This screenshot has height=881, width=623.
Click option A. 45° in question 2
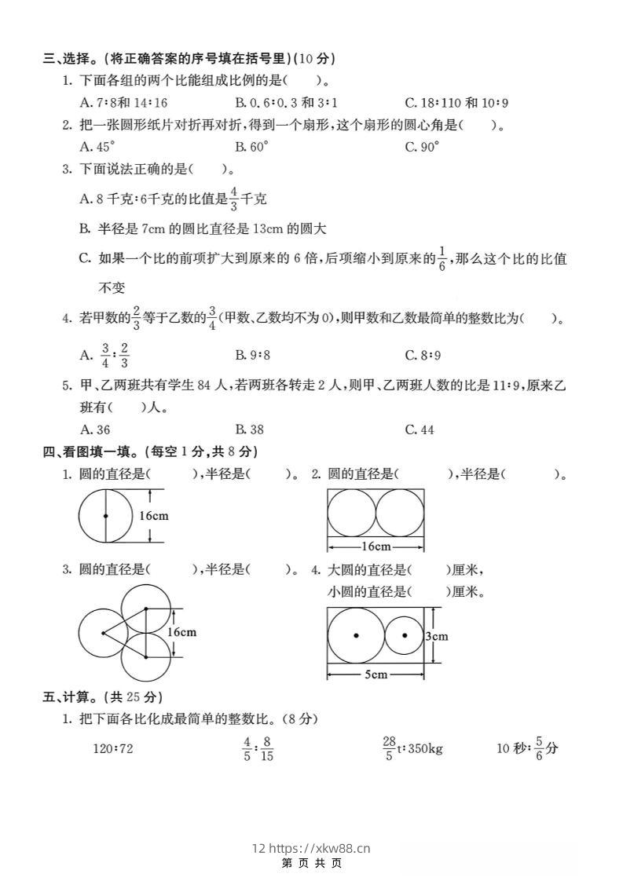[x=97, y=146]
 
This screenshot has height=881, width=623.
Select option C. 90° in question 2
[x=422, y=146]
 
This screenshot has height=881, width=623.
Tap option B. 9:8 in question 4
[x=252, y=355]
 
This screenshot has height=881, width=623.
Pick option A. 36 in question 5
[x=95, y=430]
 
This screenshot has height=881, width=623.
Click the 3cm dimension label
[x=437, y=636]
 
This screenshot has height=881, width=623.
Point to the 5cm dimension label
[x=376, y=674]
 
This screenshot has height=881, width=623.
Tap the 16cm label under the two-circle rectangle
[x=376, y=547]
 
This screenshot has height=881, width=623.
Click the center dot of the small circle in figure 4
[x=404, y=635]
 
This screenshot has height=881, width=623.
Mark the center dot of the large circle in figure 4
[x=356, y=635]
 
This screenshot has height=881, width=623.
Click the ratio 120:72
[x=113, y=748]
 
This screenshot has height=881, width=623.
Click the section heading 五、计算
[x=74, y=696]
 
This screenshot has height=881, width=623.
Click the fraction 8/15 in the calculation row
[x=267, y=748]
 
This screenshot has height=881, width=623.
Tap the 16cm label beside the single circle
[x=154, y=516]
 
